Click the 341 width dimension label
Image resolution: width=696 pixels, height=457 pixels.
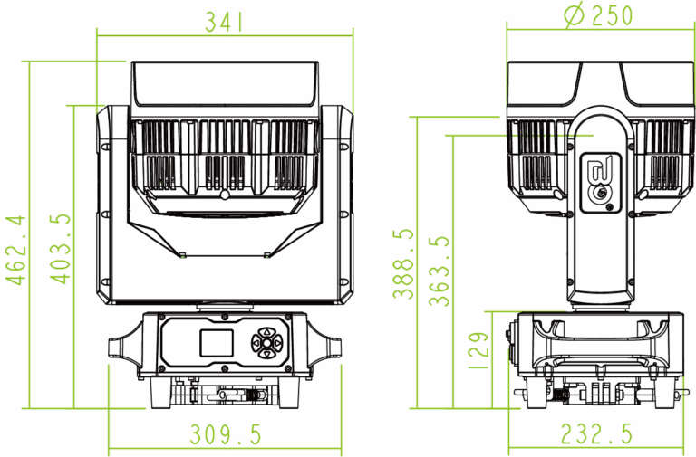coord(224,22)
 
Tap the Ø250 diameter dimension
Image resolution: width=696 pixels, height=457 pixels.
coord(599,15)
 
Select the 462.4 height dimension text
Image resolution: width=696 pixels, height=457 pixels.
coord(15,250)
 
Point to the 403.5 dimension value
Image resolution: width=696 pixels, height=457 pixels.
coord(59,250)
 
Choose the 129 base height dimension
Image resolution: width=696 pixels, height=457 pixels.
coord(481,345)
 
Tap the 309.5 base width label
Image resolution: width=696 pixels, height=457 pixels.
coord(226,435)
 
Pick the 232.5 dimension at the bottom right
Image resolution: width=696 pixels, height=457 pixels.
coord(596,435)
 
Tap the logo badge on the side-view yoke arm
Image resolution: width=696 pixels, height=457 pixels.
coord(597,180)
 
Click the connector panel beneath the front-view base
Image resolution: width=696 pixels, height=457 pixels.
coord(224,393)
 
